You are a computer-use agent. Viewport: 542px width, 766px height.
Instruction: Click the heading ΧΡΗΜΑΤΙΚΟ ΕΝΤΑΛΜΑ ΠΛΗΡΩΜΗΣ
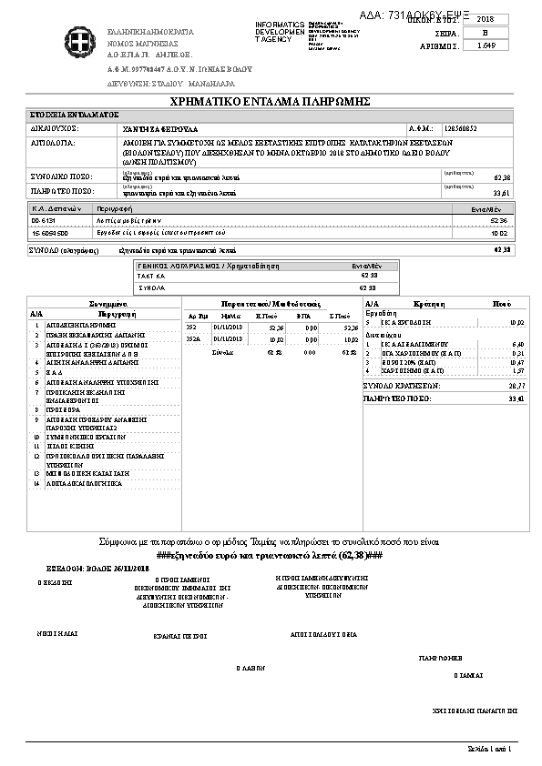click(x=271, y=100)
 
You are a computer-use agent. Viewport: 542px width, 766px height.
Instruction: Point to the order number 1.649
click(x=486, y=45)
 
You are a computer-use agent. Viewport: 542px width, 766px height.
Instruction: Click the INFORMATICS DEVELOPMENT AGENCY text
click(x=280, y=32)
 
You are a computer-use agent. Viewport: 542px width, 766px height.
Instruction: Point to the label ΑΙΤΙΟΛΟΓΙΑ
click(x=56, y=144)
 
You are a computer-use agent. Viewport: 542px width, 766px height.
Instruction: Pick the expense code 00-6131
click(x=44, y=220)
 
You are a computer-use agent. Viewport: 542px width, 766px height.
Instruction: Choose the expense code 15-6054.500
click(x=47, y=232)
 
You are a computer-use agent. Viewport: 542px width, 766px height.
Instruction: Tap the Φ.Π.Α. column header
click(x=304, y=314)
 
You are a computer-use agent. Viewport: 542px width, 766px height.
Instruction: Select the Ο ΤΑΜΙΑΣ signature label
click(x=467, y=676)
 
